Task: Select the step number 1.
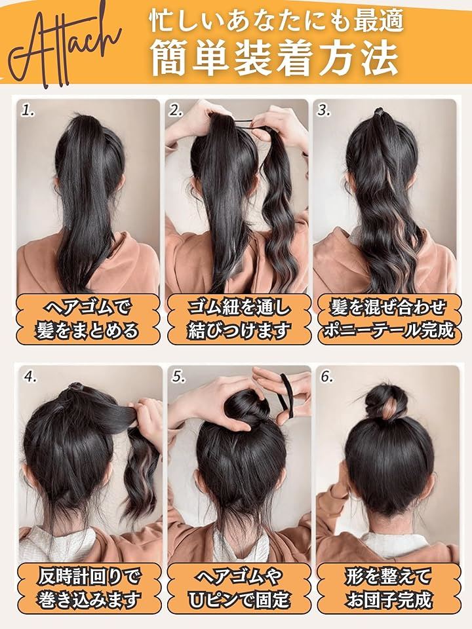coord(28,111)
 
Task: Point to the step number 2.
coord(176,111)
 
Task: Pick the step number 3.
coord(323,111)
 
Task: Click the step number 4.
coord(30,377)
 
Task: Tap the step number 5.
coord(178,377)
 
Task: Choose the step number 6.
coord(326,377)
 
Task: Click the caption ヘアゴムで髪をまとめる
coord(87,319)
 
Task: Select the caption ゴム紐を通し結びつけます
coord(239,319)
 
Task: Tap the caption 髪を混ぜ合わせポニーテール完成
coord(388,319)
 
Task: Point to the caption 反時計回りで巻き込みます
coord(89,588)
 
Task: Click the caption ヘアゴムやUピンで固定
coord(239,588)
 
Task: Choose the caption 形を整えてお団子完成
coord(388,588)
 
